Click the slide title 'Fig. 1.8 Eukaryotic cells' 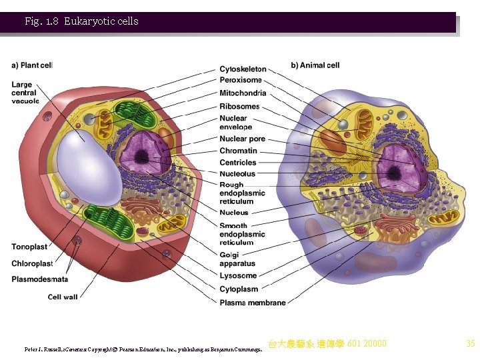[x=81, y=21]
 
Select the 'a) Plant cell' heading [x=32, y=65]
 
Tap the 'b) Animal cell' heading [x=315, y=65]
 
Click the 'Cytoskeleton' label [x=243, y=69]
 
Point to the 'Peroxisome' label [x=241, y=81]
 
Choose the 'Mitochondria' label [x=243, y=93]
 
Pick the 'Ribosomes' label [x=239, y=107]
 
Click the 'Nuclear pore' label [x=242, y=139]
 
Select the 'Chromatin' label [x=238, y=151]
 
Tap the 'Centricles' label [x=238, y=163]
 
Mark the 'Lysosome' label [x=238, y=276]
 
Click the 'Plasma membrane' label [x=252, y=303]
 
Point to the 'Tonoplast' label [x=30, y=247]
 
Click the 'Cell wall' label [x=63, y=297]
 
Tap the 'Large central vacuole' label [x=25, y=93]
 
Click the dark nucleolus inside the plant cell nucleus [x=142, y=157]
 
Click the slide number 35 [x=470, y=344]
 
